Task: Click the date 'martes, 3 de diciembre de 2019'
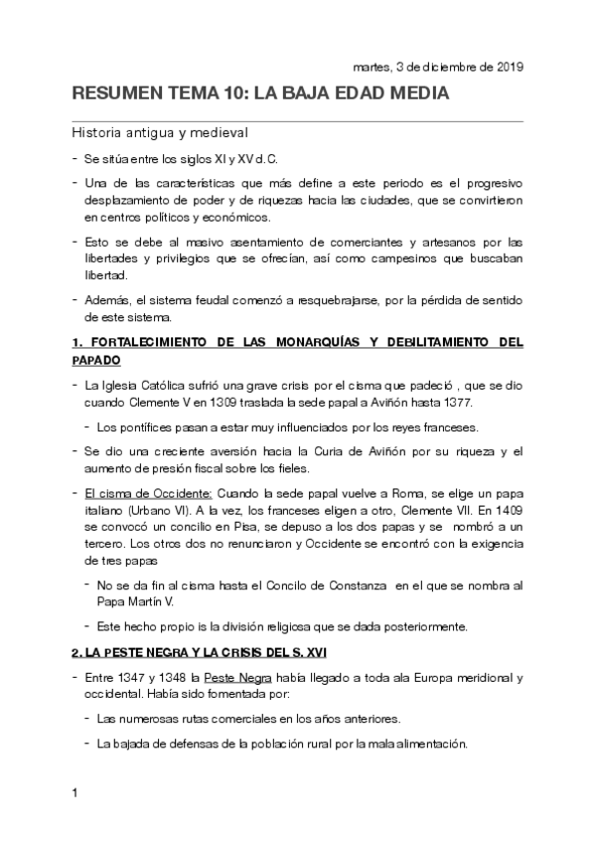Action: [438, 68]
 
